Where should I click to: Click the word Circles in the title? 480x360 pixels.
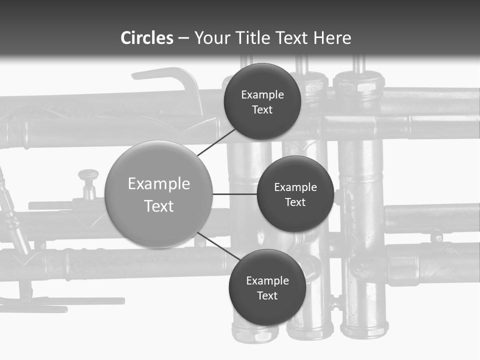tap(147, 38)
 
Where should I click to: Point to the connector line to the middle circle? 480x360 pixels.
tap(234, 194)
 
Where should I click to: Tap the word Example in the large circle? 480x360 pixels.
tap(159, 184)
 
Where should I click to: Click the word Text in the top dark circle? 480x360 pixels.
tap(262, 109)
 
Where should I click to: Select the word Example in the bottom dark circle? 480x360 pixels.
tap(267, 280)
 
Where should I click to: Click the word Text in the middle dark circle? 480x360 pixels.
tap(295, 202)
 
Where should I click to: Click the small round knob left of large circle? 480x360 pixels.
tap(88, 175)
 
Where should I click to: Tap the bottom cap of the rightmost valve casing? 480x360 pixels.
tap(363, 330)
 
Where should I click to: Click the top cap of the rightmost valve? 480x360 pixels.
tap(359, 83)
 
